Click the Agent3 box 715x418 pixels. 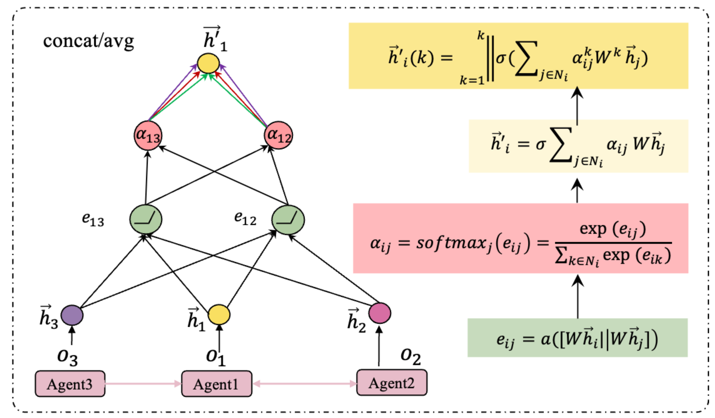tap(70, 384)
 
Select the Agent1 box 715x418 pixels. tap(216, 384)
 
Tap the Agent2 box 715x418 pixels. tap(392, 383)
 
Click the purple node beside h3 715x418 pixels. tap(72, 315)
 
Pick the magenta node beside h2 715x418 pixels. tap(380, 313)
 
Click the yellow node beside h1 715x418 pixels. tap(219, 315)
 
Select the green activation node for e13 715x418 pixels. tap(146, 219)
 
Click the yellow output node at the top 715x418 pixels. tap(208, 63)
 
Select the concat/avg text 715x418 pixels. tap(89, 42)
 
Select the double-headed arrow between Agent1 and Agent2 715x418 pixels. tap(304, 384)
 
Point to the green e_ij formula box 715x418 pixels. tap(577, 338)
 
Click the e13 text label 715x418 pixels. tap(93, 219)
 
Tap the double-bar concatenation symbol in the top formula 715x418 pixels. tap(491, 59)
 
